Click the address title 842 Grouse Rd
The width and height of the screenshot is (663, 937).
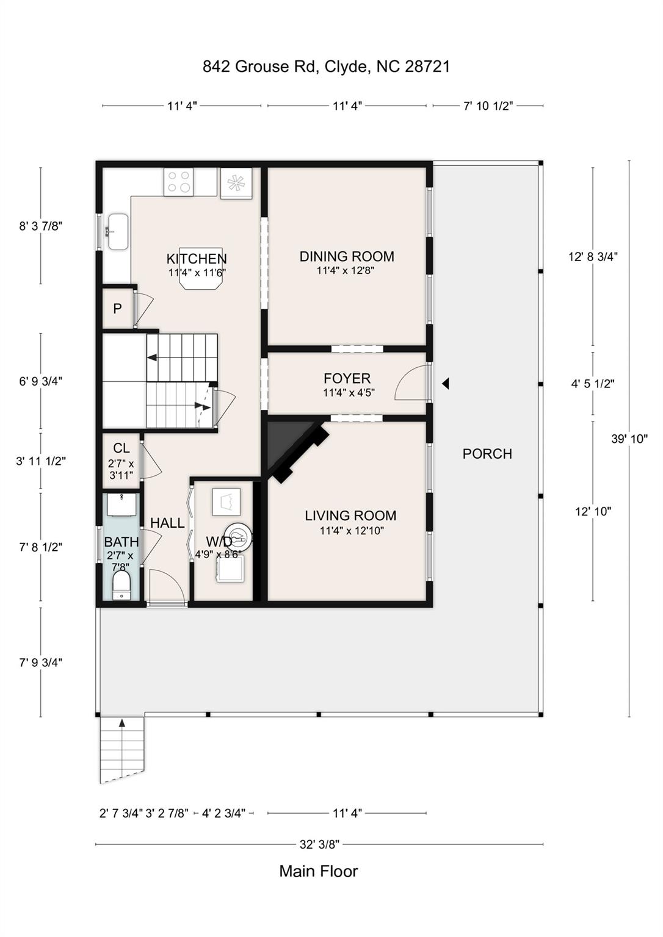coord(326,66)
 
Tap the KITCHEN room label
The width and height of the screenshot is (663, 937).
coord(197,259)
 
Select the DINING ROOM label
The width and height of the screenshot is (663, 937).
coord(346,257)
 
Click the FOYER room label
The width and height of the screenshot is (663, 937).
coord(347,378)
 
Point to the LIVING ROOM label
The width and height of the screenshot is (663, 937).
coord(350,515)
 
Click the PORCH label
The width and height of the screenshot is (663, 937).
coord(487,454)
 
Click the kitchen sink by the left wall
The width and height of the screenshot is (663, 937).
coord(117,232)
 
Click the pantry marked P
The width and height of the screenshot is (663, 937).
coord(117,309)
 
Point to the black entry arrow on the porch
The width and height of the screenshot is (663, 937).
coord(446,384)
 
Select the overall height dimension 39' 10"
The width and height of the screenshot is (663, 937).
coord(629,439)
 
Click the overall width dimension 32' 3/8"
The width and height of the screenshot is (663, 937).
coord(319,845)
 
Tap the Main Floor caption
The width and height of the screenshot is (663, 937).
coord(319,871)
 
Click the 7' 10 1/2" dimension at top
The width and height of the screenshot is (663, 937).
coord(488,106)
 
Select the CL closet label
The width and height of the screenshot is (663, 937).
coord(121,448)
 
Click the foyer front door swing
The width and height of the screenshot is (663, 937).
coord(413,384)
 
